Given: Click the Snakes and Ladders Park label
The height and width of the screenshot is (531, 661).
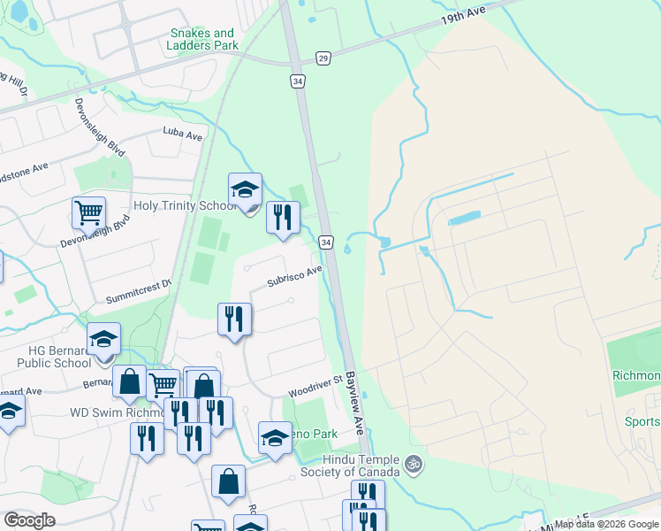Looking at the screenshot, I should pos(204,39).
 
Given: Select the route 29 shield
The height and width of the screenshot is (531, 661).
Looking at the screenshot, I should pos(323,58).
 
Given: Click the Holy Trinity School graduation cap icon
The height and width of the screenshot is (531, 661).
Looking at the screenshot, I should pos(246,189).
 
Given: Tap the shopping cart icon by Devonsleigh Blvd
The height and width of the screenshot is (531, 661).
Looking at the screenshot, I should pos(88,212).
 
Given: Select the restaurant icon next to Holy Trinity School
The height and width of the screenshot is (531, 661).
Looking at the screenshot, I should pos(283,217).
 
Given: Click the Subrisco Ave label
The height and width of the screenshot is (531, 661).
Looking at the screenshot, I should pos(295,277).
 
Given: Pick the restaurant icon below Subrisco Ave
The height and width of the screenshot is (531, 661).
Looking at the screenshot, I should pos(235,319).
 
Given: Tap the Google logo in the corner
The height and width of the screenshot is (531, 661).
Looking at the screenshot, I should pos(30,519).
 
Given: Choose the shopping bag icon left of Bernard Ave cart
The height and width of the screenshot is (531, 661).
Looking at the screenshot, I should pos(130,382).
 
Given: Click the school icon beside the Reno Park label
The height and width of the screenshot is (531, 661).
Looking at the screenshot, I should pos(275,437).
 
